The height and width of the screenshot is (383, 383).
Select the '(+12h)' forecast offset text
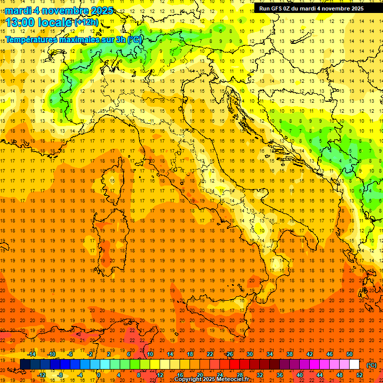pyautogui.click(x=86, y=22)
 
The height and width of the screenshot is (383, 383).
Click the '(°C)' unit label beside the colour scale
pyautogui.click(x=371, y=365)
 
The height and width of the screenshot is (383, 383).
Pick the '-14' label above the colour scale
pyautogui.click(x=31, y=354)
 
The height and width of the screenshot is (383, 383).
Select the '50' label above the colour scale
pyautogui.click(x=350, y=354)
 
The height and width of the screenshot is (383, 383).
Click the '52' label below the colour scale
pyautogui.click(x=359, y=375)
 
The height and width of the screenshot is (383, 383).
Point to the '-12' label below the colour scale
pyautogui.click(x=41, y=375)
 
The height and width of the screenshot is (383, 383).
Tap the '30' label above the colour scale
pyautogui.click(x=249, y=354)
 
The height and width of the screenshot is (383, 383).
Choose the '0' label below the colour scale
pyautogui.click(x=99, y=375)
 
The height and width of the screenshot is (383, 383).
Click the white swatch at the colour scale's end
pyautogui.click(x=354, y=365)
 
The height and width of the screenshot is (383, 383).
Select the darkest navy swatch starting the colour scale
pyautogui.click(x=25, y=365)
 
